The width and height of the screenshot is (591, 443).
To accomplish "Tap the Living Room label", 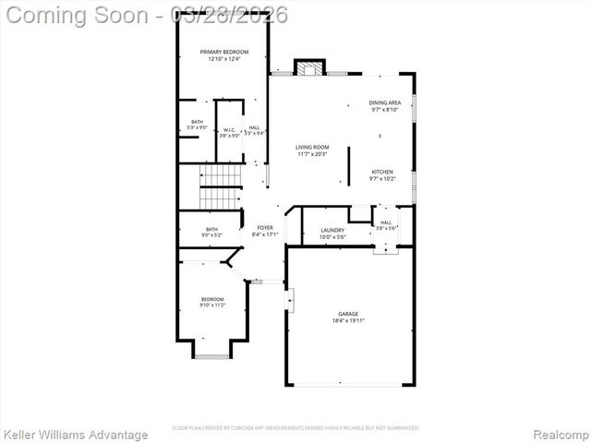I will point(312,148).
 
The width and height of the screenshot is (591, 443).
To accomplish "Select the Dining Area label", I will point(385,102).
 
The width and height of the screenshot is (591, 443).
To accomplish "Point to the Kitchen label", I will point(382,172).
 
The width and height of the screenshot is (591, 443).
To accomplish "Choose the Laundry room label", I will point(332,230).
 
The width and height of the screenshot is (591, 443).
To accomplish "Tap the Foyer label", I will point(265,227).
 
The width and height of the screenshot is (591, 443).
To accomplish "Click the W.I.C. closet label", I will point(229,129).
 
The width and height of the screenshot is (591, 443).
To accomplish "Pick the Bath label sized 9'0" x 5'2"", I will point(212,230).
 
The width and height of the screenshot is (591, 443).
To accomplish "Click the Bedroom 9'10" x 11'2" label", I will point(212,299).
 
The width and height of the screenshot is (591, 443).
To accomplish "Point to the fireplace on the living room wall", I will point(310,68).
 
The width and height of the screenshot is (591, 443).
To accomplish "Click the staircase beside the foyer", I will point(221,186).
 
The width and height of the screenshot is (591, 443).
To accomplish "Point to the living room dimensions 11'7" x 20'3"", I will point(312,154).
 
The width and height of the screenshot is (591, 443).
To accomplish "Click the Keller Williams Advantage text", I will point(75,434).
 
